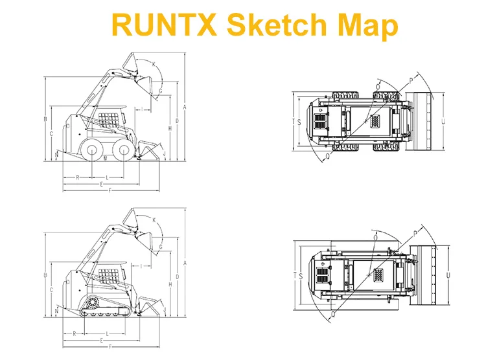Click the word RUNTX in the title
164,24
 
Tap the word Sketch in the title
277,24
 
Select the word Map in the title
367,26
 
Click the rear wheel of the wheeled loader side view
93,150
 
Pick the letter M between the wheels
106,159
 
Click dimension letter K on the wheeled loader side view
154,64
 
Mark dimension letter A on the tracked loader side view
185,264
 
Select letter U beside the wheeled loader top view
443,122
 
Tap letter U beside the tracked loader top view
448,275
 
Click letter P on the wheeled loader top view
411,81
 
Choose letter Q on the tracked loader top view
333,314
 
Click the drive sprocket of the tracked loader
93,302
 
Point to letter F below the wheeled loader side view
110,190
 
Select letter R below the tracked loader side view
75,333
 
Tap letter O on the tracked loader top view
376,238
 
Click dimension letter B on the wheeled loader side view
45,119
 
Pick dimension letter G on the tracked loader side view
161,247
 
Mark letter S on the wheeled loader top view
299,122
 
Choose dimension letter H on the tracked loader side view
170,284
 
